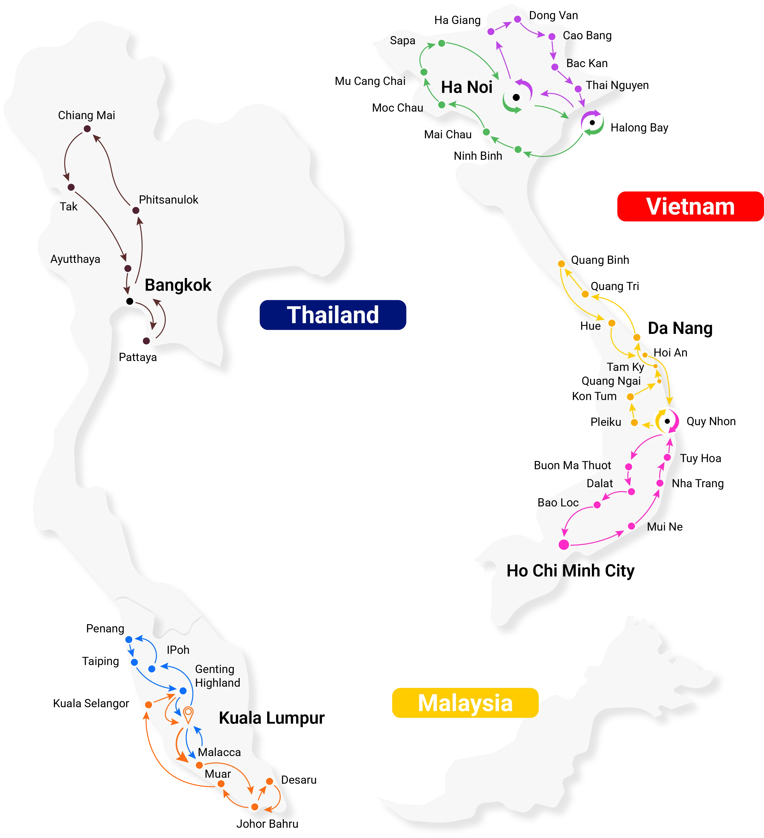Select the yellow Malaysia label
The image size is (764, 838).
(465, 703)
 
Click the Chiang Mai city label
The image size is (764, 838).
(87, 115)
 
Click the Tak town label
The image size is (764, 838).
(69, 207)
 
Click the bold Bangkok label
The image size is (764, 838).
(178, 285)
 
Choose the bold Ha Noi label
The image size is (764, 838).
(467, 87)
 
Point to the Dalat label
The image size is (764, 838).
(600, 483)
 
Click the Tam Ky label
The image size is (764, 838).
(625, 367)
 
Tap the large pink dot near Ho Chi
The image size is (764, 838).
(564, 545)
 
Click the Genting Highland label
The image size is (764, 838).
(217, 676)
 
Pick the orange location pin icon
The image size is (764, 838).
(188, 714)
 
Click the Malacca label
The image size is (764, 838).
(219, 752)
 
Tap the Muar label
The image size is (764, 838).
(218, 774)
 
